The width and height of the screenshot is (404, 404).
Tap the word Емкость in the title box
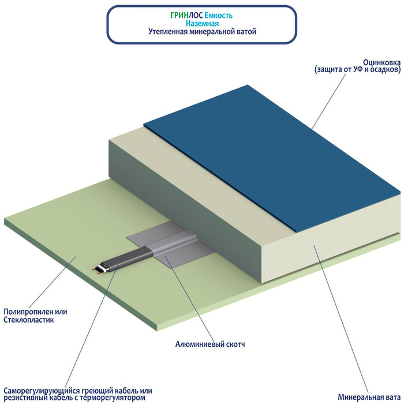(x=219, y=16)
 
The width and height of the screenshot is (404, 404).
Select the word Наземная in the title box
(x=202, y=24)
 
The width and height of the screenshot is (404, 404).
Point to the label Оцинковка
(x=382, y=62)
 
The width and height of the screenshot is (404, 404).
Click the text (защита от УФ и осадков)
(x=358, y=70)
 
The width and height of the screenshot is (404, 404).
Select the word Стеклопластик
(x=29, y=320)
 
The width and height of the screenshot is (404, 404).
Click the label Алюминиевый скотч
(x=210, y=344)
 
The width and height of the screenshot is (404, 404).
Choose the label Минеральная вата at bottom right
(x=369, y=397)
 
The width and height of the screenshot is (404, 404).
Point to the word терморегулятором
(x=113, y=398)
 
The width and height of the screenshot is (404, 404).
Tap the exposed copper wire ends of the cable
(x=96, y=270)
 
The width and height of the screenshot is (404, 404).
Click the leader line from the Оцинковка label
(x=324, y=109)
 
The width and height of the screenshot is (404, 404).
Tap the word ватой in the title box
(x=246, y=32)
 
